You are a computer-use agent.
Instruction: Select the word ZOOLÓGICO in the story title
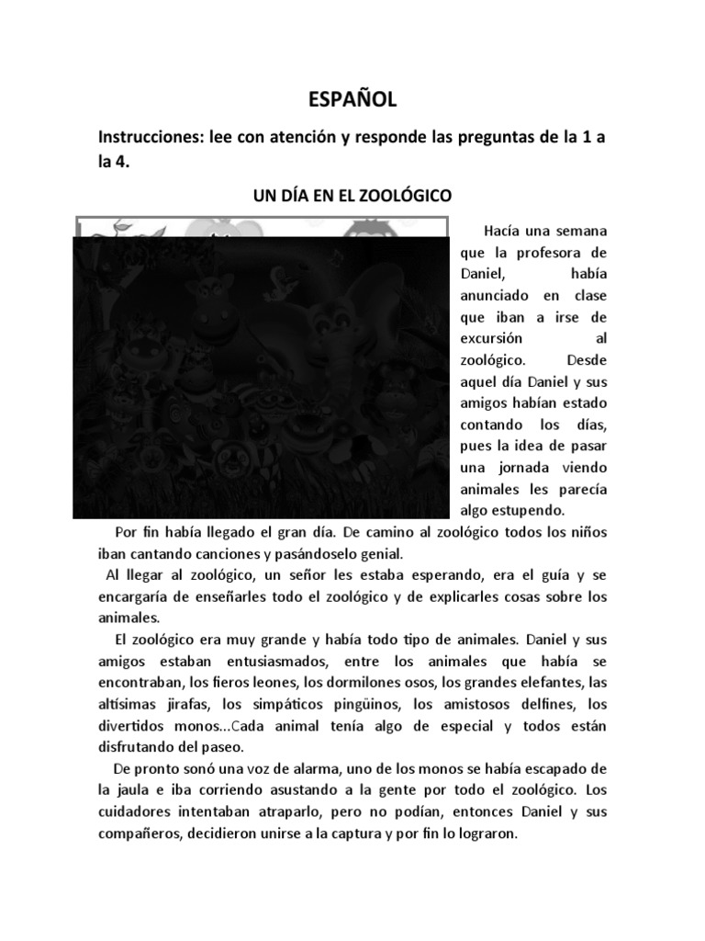coord(404,196)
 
